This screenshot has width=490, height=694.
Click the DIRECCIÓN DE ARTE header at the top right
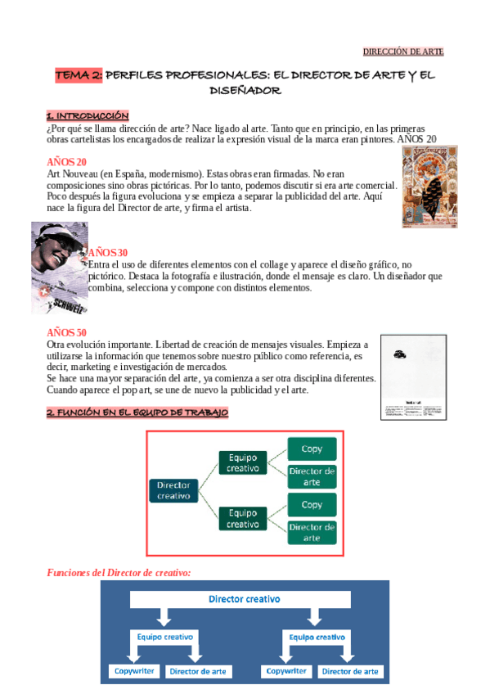[x=403, y=52]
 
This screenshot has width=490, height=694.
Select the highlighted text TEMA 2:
[x=79, y=75]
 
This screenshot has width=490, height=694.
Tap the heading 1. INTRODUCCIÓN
[x=88, y=115]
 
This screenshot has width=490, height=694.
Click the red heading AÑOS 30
[x=108, y=252]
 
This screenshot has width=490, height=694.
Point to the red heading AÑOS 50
[x=67, y=332]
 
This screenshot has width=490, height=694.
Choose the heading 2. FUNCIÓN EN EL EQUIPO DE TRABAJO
[x=137, y=413]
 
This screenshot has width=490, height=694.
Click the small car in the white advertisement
[x=400, y=354]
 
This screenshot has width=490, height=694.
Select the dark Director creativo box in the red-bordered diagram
[x=174, y=490]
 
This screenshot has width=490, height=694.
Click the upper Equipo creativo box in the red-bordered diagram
[x=243, y=462]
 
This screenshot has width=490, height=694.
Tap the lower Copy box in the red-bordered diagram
[x=311, y=504]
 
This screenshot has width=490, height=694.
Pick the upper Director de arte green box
[x=311, y=476]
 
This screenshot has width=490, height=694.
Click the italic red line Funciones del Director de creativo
[x=119, y=572]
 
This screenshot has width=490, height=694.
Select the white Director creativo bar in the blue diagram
[x=244, y=599]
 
